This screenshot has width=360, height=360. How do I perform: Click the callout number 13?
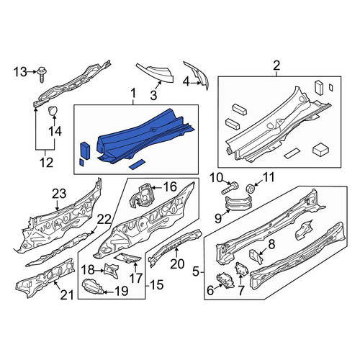pos(20,72)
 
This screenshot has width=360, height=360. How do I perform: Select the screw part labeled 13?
pos(42,73)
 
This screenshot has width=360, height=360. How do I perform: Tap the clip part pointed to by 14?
pos(54,111)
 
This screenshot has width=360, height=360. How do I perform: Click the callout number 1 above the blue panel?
pos(133,93)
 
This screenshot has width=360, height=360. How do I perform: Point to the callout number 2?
pos(276,66)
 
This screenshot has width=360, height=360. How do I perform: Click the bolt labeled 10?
pos(230,188)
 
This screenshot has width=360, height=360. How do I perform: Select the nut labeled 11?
pos(251,189)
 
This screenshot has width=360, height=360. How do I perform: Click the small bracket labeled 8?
pos(256,256)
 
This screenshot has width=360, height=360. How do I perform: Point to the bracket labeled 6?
pos(225,281)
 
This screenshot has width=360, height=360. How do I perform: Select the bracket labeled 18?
pos(111,270)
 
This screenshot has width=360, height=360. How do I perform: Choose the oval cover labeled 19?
pos(94,287)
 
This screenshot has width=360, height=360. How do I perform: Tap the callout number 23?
pos(59,194)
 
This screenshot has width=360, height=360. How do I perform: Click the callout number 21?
pos(66,295)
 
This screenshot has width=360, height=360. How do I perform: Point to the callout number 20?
pos(177,264)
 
